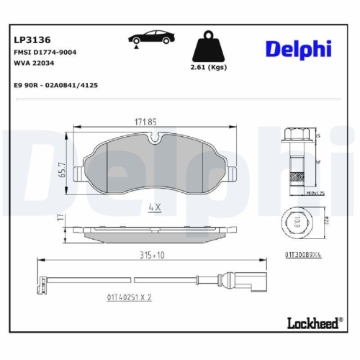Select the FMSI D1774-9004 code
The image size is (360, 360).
(x=45, y=54)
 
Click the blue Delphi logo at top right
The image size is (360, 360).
(x=298, y=48)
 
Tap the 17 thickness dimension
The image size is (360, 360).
(x=62, y=217)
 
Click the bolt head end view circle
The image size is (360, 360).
(x=296, y=225)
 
